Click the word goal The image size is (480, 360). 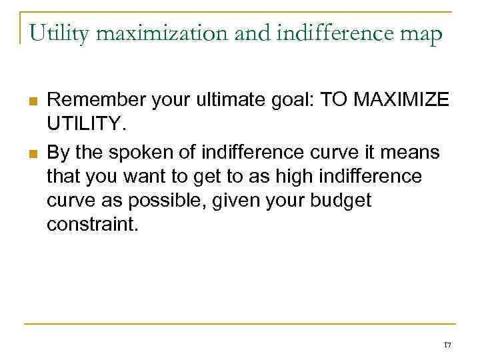click(294, 101)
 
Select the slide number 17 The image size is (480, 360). click(447, 344)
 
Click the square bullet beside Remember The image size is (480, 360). click(31, 101)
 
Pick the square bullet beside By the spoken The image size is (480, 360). click(31, 153)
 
